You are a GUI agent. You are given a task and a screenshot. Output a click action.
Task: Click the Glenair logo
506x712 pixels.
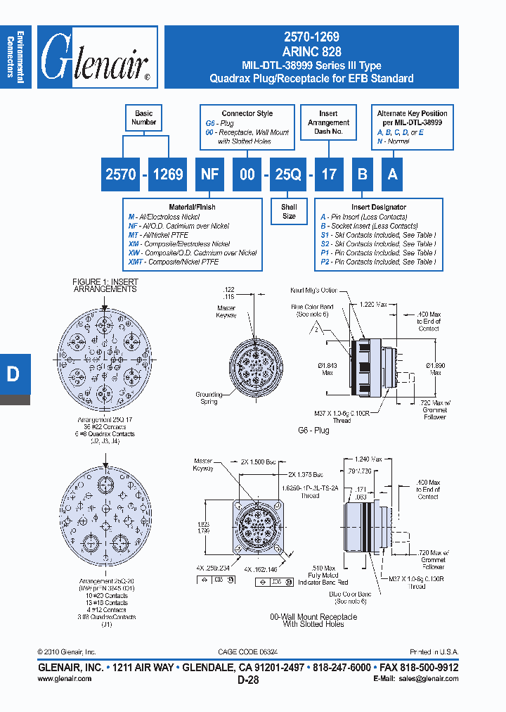(95, 58)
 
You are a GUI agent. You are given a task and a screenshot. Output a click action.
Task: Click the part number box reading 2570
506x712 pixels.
(121, 174)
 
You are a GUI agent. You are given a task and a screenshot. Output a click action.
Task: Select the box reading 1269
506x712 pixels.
(167, 174)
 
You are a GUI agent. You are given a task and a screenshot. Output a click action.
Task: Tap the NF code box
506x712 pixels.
(209, 174)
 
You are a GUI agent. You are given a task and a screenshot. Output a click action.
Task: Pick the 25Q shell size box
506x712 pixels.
(288, 174)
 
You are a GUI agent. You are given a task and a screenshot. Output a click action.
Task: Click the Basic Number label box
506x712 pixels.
(143, 117)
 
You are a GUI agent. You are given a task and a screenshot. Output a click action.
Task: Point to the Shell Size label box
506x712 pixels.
(289, 212)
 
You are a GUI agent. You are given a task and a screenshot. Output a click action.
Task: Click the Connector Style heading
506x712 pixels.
(247, 113)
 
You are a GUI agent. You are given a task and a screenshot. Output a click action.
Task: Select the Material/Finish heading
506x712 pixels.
(191, 207)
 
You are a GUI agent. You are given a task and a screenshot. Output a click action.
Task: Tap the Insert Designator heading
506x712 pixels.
(379, 208)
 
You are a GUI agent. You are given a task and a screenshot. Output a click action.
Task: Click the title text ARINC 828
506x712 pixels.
(311, 52)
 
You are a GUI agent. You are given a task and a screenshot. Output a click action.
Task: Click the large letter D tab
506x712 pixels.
(13, 374)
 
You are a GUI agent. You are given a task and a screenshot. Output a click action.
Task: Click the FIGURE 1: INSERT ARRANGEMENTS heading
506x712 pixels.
(105, 285)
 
